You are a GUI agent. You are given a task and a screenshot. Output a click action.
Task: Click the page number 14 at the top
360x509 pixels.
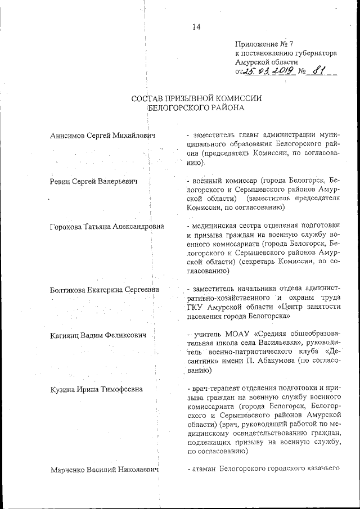click(x=196, y=27)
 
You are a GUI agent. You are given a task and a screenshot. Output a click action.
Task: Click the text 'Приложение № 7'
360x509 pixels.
click(x=264, y=44)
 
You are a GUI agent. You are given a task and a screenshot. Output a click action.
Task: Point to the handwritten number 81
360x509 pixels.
click(x=320, y=71)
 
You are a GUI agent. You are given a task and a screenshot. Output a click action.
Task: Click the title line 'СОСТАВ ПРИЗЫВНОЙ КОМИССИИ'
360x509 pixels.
click(x=196, y=98)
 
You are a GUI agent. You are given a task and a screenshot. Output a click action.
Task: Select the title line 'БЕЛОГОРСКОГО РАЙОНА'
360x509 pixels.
click(x=196, y=109)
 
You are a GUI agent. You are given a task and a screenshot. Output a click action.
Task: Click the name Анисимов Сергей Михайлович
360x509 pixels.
click(x=102, y=136)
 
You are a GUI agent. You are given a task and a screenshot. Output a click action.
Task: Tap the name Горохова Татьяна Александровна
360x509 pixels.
click(x=107, y=227)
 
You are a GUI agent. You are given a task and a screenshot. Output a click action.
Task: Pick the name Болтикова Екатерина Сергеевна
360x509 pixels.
click(x=105, y=290)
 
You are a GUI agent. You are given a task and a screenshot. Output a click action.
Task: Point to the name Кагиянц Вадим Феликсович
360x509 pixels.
click(x=98, y=335)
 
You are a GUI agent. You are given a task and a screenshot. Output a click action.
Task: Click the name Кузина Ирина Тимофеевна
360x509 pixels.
click(x=96, y=389)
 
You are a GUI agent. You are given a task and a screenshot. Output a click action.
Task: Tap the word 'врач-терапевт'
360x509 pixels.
click(x=215, y=389)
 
